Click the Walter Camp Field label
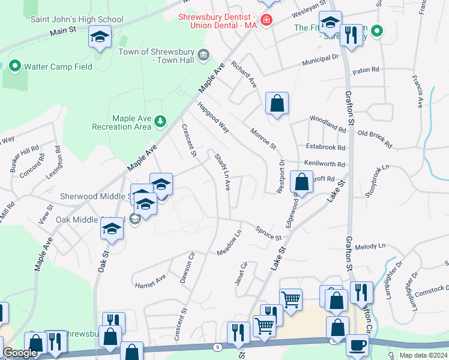[x=58, y=67]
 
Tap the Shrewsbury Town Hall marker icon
[x=204, y=55]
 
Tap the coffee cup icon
[x=359, y=346]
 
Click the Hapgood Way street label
[x=213, y=118]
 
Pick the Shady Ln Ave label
[x=223, y=173]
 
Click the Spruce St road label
[x=268, y=232]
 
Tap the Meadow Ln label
[x=229, y=242]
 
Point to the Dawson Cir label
[x=188, y=268]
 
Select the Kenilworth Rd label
[x=325, y=164]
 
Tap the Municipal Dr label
[x=320, y=60]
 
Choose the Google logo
[x=20, y=353]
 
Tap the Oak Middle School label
[x=91, y=220]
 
